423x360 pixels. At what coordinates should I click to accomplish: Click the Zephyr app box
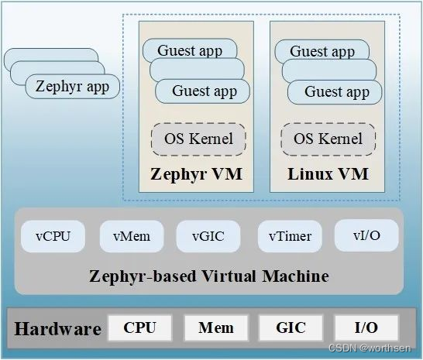(x=72, y=87)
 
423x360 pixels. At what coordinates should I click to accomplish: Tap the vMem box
(x=131, y=235)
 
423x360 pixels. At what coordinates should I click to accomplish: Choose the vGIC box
(x=208, y=235)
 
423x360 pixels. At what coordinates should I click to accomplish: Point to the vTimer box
(x=289, y=235)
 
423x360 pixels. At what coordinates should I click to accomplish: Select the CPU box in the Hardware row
(x=139, y=327)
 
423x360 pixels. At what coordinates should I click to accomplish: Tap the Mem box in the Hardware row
(x=216, y=327)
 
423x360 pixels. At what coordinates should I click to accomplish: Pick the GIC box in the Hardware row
(x=291, y=327)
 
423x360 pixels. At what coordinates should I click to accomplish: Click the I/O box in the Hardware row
(x=366, y=327)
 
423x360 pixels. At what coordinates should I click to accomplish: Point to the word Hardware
(x=58, y=328)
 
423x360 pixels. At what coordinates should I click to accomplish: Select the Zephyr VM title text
(x=196, y=173)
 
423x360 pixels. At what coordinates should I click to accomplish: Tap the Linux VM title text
(x=327, y=173)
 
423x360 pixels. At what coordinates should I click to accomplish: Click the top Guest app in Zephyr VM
(x=190, y=51)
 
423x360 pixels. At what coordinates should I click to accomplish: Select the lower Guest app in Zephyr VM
(x=204, y=91)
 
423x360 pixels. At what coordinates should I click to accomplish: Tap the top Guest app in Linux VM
(x=322, y=52)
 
